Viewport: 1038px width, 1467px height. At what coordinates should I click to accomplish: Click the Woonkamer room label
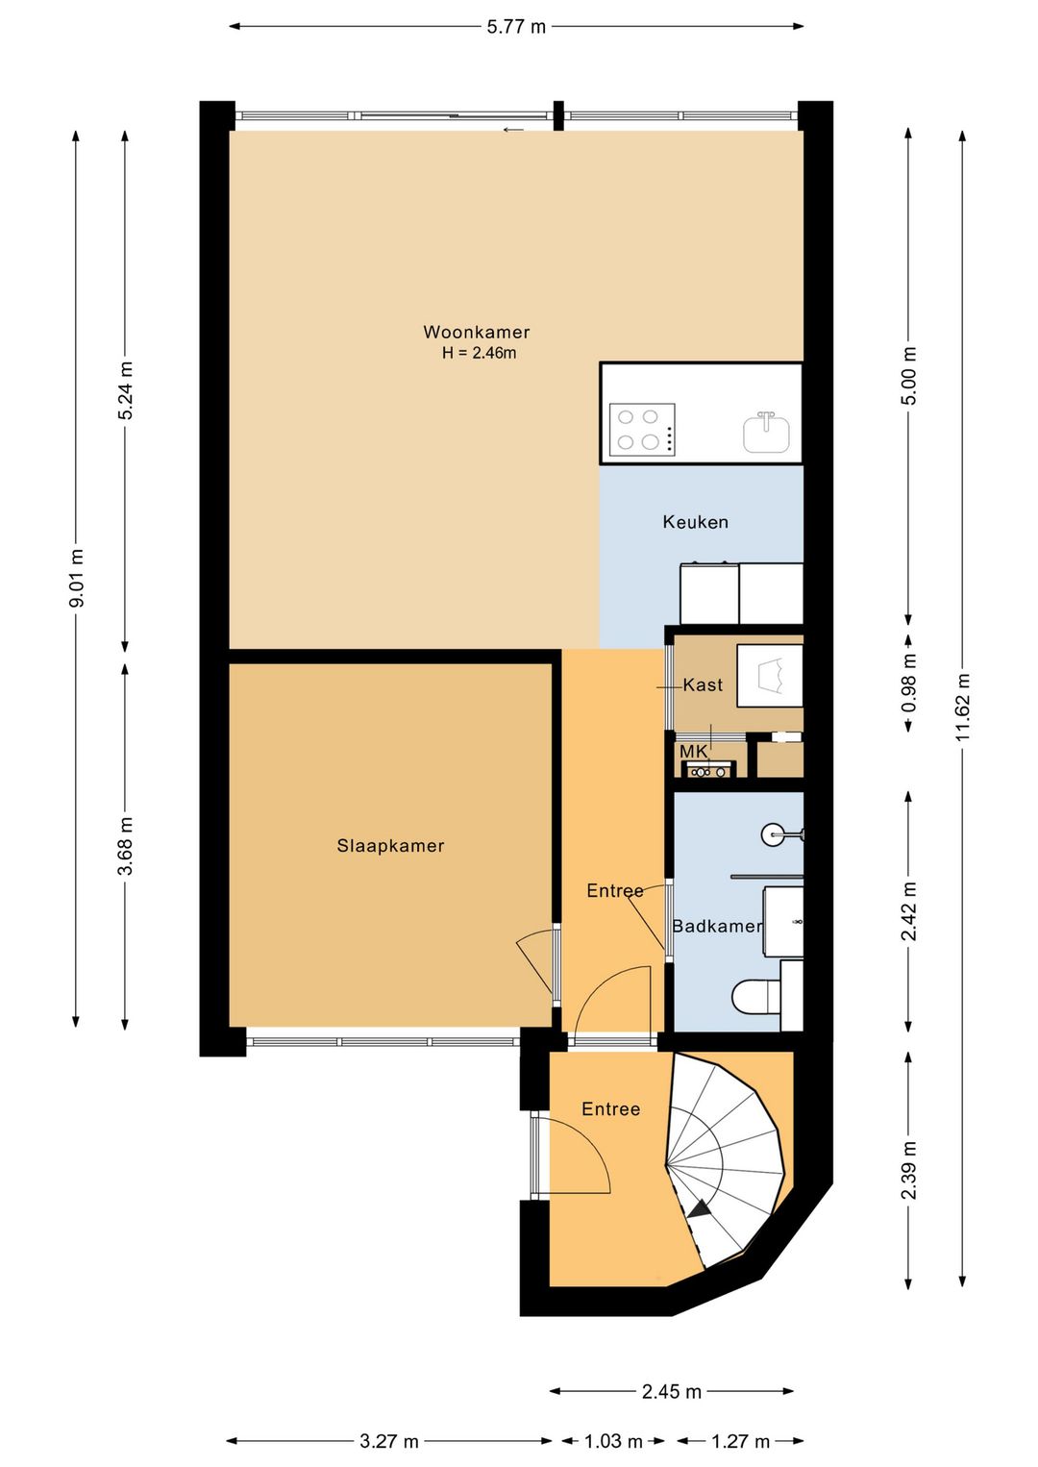[476, 332]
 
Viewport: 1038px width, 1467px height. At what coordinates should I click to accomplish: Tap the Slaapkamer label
[390, 845]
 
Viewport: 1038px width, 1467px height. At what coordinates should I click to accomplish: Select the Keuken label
[696, 522]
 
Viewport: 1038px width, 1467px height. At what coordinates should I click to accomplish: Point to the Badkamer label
[717, 926]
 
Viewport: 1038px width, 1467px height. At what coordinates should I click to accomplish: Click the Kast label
[703, 685]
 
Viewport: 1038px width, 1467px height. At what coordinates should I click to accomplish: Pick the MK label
[694, 752]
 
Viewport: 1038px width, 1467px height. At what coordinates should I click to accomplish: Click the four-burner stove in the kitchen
[642, 430]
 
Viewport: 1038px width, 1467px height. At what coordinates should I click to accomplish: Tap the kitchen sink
[766, 433]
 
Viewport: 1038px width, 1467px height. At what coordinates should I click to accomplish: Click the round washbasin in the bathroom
[774, 834]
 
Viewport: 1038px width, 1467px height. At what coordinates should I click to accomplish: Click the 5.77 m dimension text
[516, 27]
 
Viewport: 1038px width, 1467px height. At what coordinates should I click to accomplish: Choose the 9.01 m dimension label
[77, 578]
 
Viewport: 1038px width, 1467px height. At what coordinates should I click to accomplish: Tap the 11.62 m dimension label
[962, 707]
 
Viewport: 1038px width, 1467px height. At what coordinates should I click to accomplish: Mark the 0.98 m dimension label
[909, 684]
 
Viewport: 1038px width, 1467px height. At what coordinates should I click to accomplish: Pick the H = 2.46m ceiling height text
[479, 353]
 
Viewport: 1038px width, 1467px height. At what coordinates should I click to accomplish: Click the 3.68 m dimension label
[125, 845]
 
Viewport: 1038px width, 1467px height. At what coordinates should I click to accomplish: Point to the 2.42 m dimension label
[909, 911]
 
